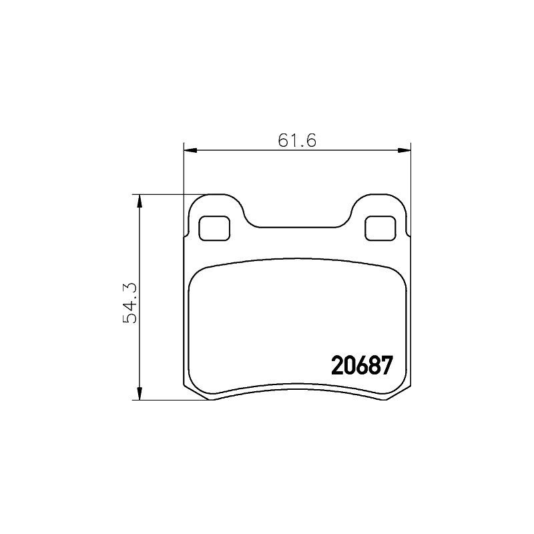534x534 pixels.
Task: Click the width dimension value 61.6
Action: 296,140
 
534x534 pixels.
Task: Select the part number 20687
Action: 361,366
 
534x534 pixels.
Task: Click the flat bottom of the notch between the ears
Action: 297,227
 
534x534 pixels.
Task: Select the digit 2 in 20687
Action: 338,366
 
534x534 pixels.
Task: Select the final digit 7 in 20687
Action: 384,366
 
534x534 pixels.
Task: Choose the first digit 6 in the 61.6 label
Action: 282,140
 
